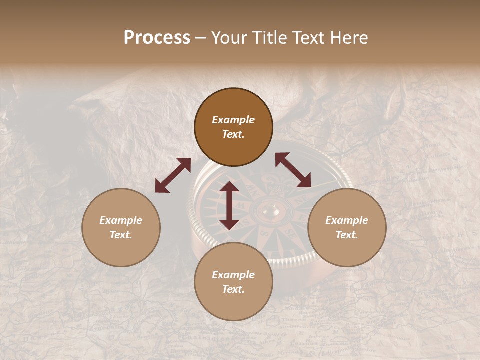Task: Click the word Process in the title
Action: (x=157, y=38)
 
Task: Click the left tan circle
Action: (x=121, y=227)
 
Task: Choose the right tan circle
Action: (x=347, y=227)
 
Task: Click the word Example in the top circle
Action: (x=233, y=120)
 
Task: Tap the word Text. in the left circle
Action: (x=121, y=235)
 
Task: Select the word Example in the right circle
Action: (x=347, y=220)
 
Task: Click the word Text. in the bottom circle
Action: (x=233, y=289)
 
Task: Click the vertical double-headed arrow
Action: (x=229, y=205)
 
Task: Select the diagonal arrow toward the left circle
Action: (x=173, y=175)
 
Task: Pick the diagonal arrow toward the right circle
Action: (x=293, y=170)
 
